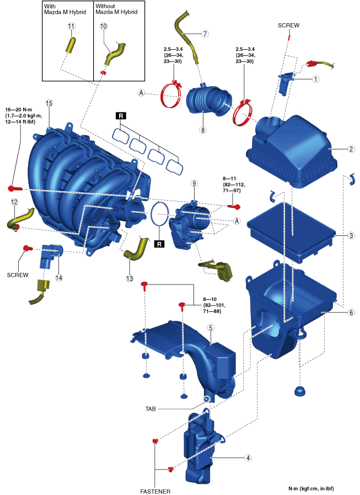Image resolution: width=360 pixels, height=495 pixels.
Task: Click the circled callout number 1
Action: [316, 79]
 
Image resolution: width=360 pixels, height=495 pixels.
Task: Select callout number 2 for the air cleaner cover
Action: [335, 149]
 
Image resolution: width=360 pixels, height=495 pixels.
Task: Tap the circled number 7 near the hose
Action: [205, 34]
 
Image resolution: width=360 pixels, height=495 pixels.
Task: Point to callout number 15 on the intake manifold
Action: [49, 104]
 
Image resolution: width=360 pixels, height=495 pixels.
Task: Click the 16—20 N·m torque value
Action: [20, 109]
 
